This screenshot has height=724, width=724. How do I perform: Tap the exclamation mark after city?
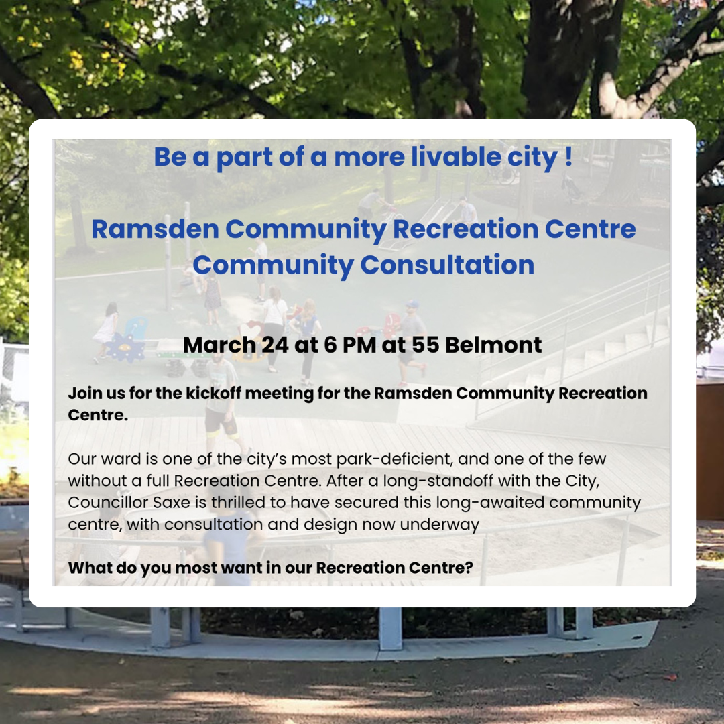[568, 156]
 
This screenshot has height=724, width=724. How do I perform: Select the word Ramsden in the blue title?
[155, 229]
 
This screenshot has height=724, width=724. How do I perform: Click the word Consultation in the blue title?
[447, 265]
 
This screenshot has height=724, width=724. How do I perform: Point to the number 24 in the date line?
[276, 345]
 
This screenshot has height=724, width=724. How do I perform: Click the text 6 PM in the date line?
[350, 345]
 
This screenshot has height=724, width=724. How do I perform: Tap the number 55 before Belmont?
[425, 345]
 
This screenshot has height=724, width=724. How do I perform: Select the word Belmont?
[493, 345]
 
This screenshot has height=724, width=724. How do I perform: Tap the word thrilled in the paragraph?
[239, 502]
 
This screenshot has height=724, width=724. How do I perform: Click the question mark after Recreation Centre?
[469, 568]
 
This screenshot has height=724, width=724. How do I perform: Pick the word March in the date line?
[219, 345]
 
